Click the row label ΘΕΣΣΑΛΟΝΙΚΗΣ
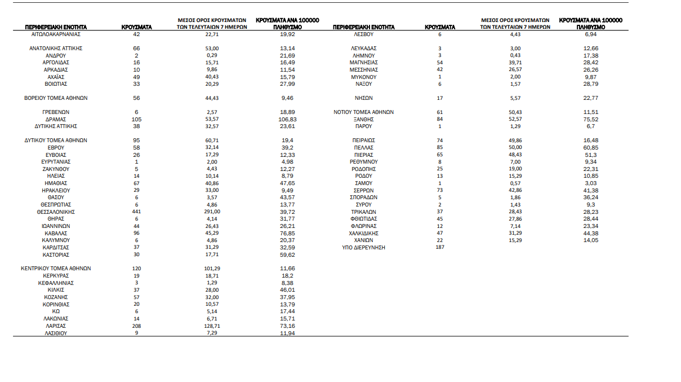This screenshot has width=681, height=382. (x=56, y=212)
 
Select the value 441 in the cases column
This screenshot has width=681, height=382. (x=136, y=212)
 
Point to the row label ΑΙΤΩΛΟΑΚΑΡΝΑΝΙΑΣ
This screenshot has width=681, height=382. (x=56, y=34)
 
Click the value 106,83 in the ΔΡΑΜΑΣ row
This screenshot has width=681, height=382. (x=287, y=120)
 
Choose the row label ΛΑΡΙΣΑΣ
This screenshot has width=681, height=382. (x=56, y=326)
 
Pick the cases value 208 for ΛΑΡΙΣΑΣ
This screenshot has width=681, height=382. (x=136, y=326)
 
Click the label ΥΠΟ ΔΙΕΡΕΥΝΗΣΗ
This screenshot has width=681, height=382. (x=364, y=248)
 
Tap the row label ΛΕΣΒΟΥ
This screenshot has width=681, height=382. (x=364, y=34)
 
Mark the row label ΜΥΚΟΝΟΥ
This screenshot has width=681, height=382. (x=364, y=77)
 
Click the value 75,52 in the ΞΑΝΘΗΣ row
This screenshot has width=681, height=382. (x=590, y=120)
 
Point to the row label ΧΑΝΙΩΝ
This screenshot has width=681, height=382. (x=364, y=240)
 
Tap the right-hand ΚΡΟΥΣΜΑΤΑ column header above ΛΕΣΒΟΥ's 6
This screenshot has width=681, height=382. (x=440, y=27)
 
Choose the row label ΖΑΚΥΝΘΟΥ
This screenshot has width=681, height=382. (x=56, y=169)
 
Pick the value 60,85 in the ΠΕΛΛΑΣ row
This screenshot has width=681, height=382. (x=590, y=148)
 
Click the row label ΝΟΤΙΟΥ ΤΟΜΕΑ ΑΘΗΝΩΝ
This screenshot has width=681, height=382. (x=364, y=112)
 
